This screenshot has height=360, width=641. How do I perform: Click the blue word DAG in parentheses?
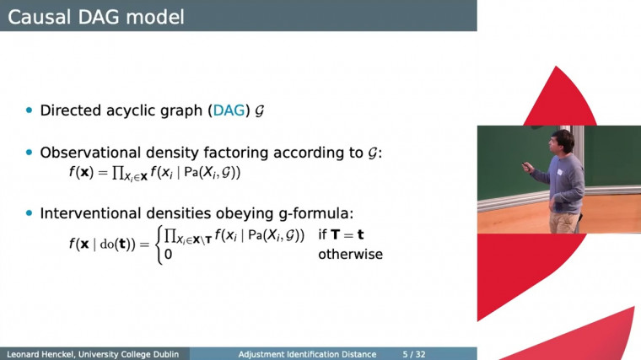point(228,110)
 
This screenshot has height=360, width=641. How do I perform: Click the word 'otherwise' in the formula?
point(350,254)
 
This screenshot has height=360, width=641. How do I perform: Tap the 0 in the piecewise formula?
point(169,254)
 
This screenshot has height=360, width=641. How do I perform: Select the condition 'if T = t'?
point(341,234)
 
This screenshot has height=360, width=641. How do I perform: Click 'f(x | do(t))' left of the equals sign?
point(108,244)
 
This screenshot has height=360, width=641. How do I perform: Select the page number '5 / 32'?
point(414,354)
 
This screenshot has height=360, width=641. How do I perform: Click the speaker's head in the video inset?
point(563,140)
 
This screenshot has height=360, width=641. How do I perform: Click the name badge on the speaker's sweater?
point(558,173)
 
